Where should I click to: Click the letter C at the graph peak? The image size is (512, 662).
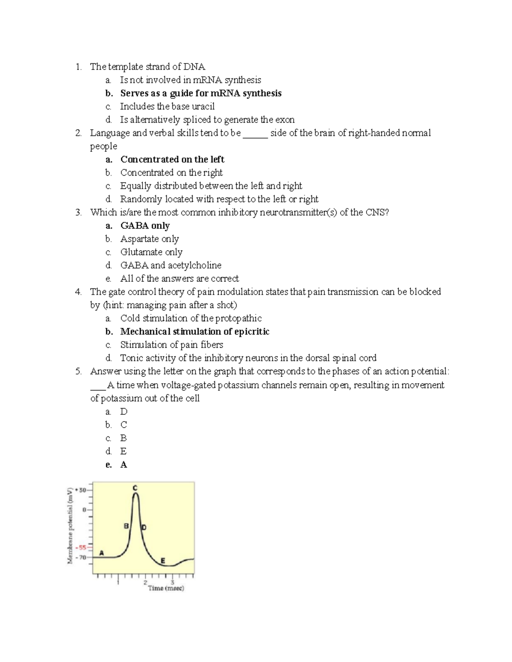click(x=135, y=488)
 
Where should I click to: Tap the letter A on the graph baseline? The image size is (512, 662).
click(x=102, y=552)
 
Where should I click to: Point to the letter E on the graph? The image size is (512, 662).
click(x=163, y=561)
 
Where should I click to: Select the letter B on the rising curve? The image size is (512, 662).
click(x=126, y=526)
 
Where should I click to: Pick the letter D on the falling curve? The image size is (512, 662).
click(x=144, y=527)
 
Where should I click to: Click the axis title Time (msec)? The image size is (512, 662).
click(x=166, y=588)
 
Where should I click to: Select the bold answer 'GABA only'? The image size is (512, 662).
click(x=145, y=225)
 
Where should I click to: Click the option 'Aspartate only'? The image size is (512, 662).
click(x=149, y=239)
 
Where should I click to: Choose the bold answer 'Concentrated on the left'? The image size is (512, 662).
click(x=172, y=159)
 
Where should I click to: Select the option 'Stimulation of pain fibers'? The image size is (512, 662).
click(x=172, y=345)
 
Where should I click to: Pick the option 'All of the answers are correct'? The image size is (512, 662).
click(x=180, y=279)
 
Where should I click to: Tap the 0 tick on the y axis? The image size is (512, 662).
click(x=84, y=509)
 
